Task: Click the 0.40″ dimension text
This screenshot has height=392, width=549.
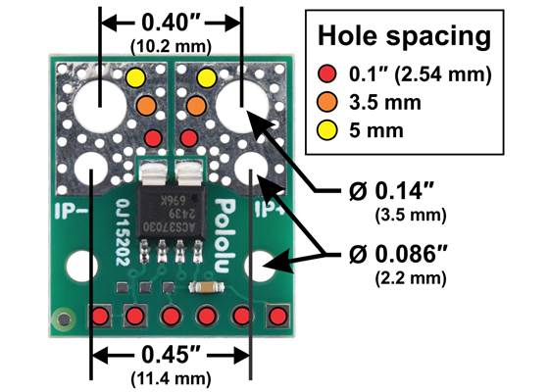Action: point(173,21)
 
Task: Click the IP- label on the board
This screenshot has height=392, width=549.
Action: point(74,209)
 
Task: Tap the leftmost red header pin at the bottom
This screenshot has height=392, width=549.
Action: point(99,317)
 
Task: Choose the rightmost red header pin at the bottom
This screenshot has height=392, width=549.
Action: point(277,317)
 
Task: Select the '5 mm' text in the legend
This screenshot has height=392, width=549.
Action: point(376,129)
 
